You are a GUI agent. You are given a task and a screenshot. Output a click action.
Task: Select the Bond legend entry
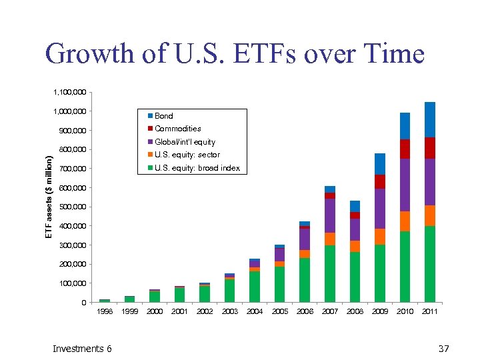[163, 116]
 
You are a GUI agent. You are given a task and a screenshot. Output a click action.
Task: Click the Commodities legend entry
[177, 129]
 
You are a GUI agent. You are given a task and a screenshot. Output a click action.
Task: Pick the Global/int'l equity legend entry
[185, 142]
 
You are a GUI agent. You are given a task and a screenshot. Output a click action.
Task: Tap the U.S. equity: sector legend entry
[187, 155]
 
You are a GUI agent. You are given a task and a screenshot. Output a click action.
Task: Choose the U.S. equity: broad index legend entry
[197, 168]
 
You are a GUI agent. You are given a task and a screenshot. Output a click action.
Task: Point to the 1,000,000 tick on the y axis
[69, 111]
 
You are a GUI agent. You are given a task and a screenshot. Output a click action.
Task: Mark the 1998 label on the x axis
[105, 311]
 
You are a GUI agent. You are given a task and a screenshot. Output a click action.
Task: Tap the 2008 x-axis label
[355, 311]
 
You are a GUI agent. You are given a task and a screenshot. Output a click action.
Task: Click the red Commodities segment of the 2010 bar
[405, 149]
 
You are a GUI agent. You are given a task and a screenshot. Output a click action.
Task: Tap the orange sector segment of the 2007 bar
[330, 239]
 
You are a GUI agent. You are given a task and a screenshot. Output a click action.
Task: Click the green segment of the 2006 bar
[305, 280]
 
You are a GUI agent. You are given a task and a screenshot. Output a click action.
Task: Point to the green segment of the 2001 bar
[180, 295]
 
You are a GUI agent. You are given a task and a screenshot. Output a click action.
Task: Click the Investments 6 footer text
[82, 349]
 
